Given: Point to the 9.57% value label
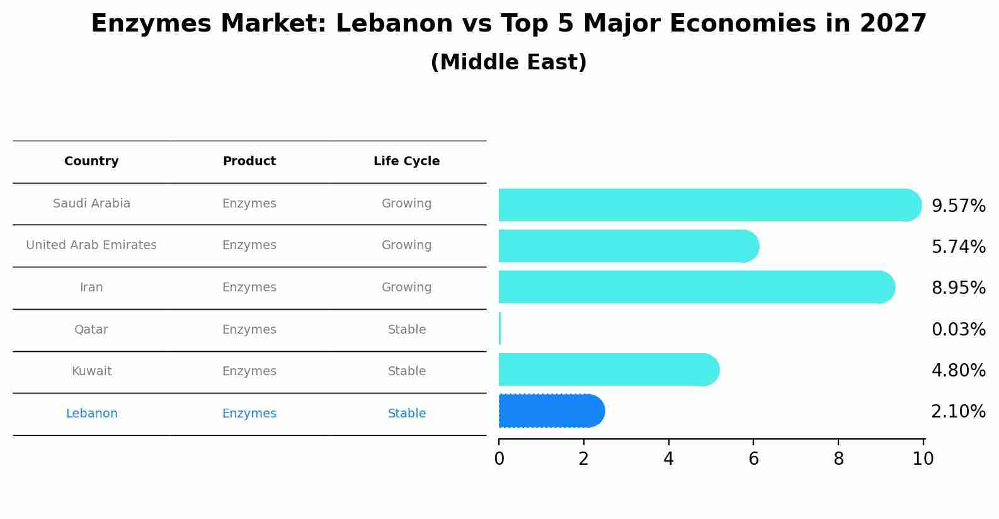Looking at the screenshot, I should pos(958,206).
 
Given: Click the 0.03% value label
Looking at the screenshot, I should pos(958,329).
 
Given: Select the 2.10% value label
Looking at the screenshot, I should pos(958,412).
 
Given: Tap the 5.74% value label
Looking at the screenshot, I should pos(958,247).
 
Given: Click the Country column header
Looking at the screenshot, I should pos(91,161).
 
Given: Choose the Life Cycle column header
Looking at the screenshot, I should pos(406,161).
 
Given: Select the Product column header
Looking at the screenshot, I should pos(249,161).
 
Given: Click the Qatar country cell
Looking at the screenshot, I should pos(91,330).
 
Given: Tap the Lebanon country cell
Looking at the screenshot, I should pos(91,414).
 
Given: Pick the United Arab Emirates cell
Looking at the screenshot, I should pos(91,245).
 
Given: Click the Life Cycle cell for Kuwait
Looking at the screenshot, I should pos(407,371).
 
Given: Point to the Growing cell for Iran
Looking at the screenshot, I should pos(406,288).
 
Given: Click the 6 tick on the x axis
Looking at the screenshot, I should pos(753,459).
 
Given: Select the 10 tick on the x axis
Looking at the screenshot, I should pos(923,459).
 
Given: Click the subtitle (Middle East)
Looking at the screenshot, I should pos(508,62).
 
